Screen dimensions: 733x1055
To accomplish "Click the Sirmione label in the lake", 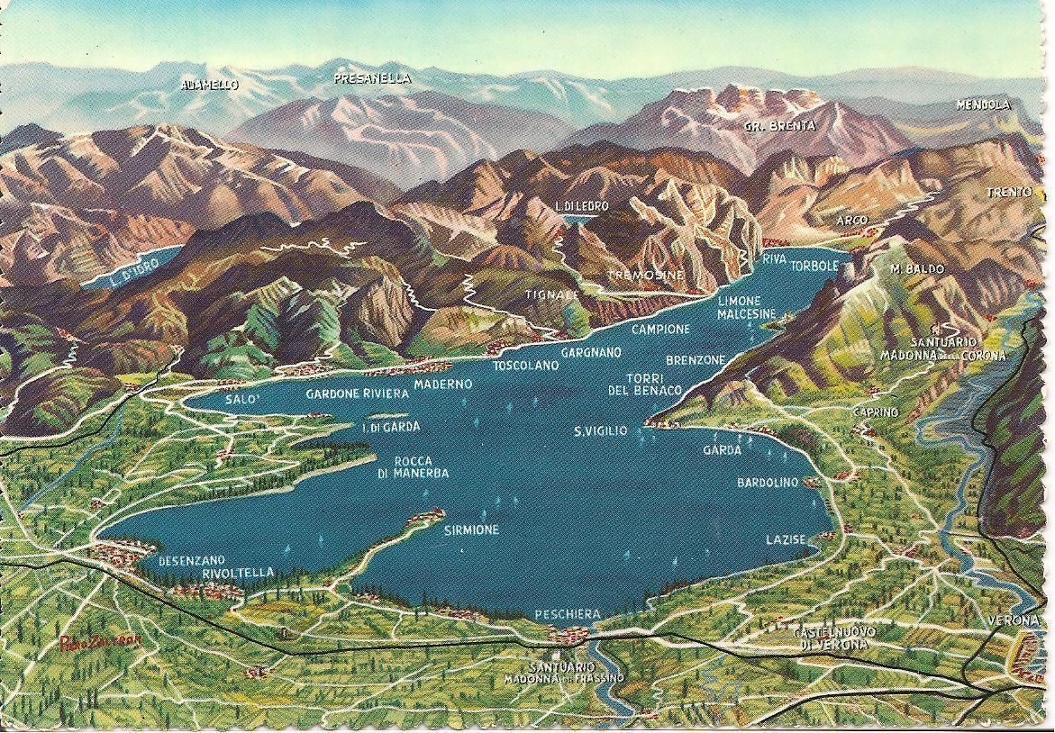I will click(x=471, y=530).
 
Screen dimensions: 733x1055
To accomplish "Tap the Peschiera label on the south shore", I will click(x=568, y=614).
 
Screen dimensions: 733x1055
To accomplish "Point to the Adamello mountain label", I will click(x=209, y=85).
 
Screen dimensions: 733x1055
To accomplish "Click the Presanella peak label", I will click(x=372, y=79).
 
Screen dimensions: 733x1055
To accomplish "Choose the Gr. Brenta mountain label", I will click(x=779, y=126).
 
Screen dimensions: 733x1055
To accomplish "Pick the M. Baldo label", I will click(x=917, y=269).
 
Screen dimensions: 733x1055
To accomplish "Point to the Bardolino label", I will click(x=768, y=483).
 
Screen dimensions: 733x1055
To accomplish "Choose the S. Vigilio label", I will click(x=600, y=432).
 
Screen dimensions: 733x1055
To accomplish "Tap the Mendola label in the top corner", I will click(x=984, y=104).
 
